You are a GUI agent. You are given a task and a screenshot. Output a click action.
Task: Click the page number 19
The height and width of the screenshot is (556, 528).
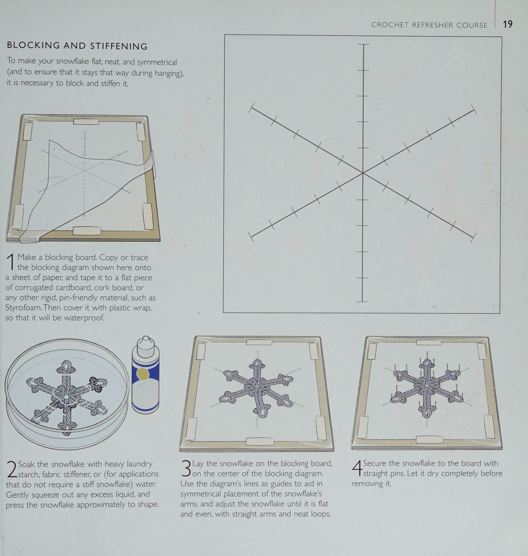pos(508,24)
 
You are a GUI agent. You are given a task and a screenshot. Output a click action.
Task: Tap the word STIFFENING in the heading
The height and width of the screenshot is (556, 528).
pos(119,46)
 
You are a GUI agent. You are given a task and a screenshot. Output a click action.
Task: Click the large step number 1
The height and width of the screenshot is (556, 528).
pos(11,261)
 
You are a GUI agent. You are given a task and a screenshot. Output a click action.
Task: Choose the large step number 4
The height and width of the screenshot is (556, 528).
pos(357,468)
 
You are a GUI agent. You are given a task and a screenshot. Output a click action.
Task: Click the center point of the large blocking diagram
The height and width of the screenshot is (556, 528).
pos(363,173)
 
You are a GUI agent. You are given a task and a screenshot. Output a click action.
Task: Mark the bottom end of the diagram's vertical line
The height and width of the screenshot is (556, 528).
pos(362,301)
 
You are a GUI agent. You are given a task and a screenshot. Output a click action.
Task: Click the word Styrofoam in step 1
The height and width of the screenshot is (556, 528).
pos(24,307)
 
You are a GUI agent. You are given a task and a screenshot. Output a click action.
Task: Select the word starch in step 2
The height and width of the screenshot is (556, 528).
pos(30,474)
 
